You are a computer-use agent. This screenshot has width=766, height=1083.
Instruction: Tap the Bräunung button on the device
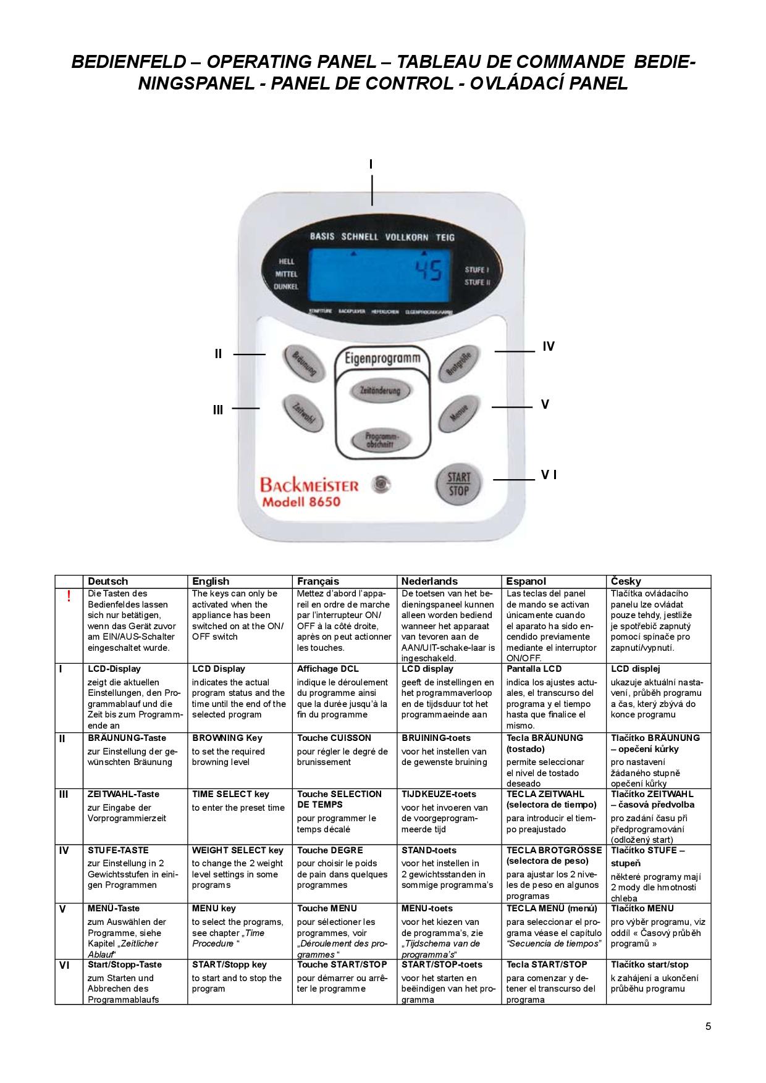304,363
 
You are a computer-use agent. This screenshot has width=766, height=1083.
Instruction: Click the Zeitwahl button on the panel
303,415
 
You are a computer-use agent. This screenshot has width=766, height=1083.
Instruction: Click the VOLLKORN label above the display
406,237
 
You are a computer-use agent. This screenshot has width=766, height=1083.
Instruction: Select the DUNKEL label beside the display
285,286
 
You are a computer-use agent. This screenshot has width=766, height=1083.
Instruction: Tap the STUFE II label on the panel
478,283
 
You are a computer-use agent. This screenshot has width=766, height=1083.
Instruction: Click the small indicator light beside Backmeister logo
382,484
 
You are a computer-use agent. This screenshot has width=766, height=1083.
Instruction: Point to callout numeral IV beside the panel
549,347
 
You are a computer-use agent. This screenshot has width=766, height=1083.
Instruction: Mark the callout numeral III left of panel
218,409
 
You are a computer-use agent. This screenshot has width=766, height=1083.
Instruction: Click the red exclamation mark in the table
69,596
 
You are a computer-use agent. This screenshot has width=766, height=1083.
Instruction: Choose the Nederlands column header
429,581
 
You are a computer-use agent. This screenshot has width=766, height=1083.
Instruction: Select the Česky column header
626,581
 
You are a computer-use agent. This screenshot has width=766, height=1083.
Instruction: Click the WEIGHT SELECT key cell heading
237,850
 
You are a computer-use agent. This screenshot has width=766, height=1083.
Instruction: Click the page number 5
708,1027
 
